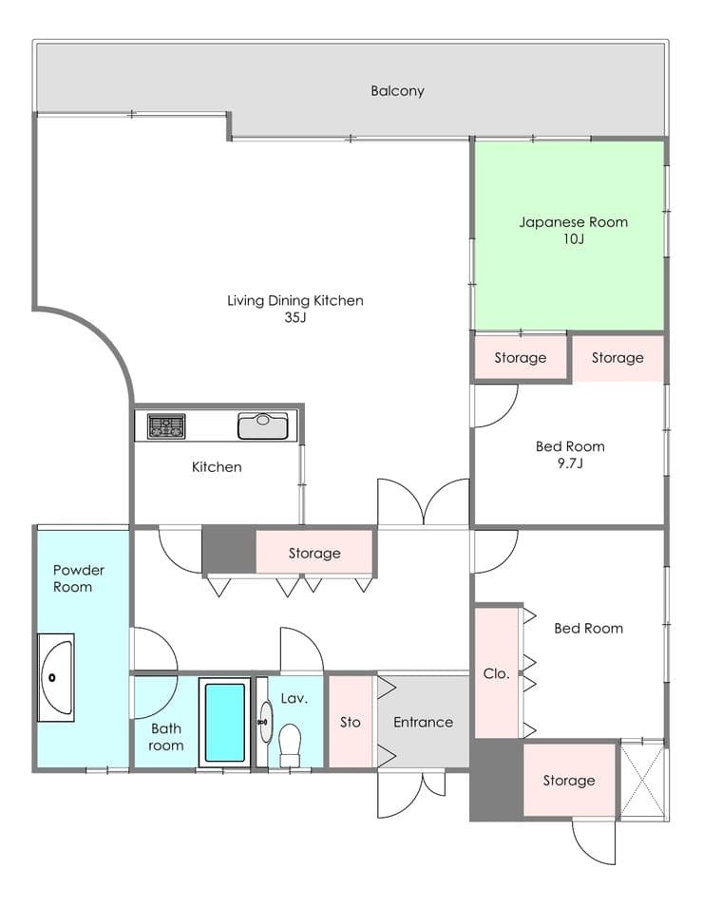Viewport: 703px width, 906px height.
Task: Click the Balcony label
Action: coord(397,91)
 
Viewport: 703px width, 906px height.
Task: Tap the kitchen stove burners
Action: coord(166,426)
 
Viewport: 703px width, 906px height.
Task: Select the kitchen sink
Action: coord(263,425)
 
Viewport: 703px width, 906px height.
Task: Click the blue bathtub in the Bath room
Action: coord(225,723)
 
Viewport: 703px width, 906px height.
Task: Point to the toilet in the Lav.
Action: coord(290,746)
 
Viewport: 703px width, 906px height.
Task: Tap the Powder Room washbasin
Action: coord(56,677)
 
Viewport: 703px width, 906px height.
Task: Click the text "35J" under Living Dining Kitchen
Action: coord(294,317)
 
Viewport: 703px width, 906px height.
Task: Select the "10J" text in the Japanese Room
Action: coord(574,238)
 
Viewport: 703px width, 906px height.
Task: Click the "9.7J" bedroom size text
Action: coord(570,462)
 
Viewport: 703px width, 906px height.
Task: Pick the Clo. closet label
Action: coord(496,673)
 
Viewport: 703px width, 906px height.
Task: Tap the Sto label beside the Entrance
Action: coord(351,722)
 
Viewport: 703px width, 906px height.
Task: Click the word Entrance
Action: coord(423,722)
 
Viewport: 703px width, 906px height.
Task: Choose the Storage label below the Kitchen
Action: coord(314,553)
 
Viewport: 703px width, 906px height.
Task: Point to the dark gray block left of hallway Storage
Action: coord(230,549)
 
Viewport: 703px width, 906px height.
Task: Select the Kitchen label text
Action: coord(217,466)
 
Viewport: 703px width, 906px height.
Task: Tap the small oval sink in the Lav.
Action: coord(265,722)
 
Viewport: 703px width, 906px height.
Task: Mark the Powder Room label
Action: coord(79,578)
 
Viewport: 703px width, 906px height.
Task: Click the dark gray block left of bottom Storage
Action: coord(497,780)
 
